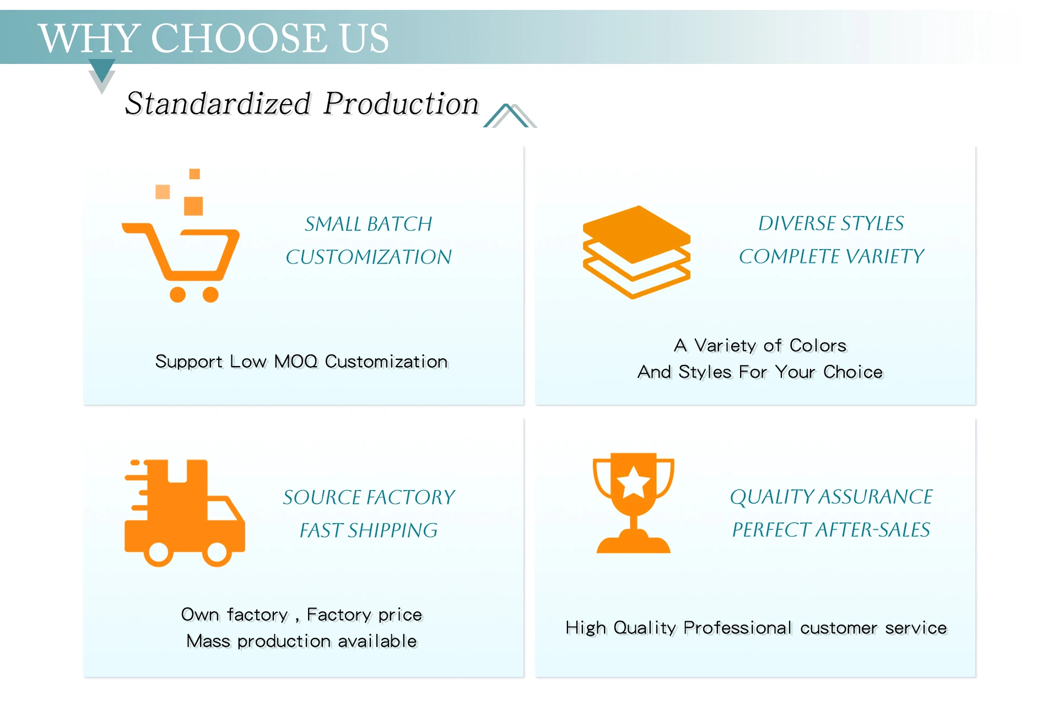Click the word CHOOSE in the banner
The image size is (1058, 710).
tap(239, 38)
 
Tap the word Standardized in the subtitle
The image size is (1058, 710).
tap(218, 103)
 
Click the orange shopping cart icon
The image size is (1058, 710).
tap(181, 236)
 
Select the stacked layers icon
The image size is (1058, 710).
tap(636, 252)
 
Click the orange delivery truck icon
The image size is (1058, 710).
tap(185, 513)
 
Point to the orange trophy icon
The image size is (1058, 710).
tap(634, 503)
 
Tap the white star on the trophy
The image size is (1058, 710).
tap(634, 482)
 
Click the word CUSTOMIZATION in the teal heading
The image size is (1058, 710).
tap(369, 257)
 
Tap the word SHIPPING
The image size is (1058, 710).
tap(392, 530)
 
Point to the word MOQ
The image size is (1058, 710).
tap(296, 362)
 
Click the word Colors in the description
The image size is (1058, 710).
tap(818, 346)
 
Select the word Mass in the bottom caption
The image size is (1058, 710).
tap(208, 641)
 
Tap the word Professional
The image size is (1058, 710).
tap(738, 628)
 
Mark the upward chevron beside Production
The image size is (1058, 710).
tap(510, 116)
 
